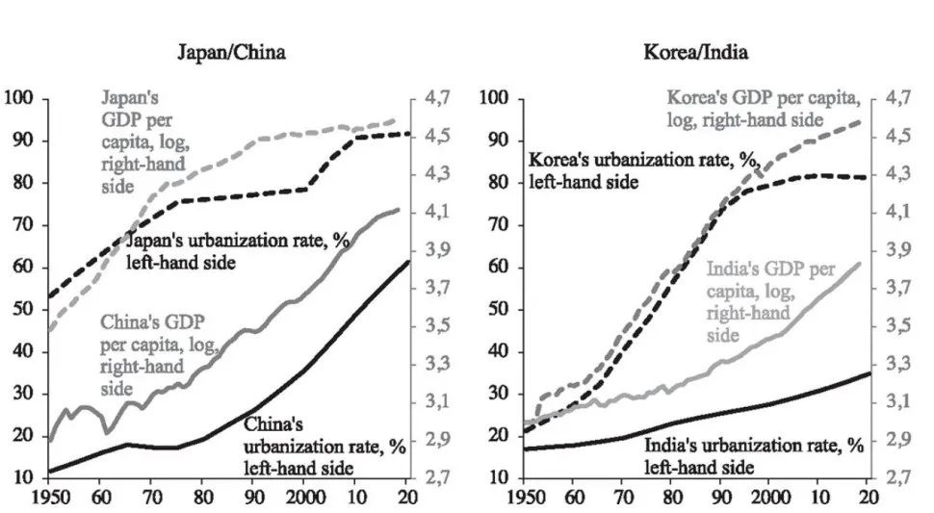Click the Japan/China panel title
tap(231, 52)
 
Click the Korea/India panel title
tap(695, 52)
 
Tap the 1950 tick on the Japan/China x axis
tap(49, 498)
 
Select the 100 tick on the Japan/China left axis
tap(19, 98)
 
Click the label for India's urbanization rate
tap(754, 456)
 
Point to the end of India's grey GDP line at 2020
tap(860, 262)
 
